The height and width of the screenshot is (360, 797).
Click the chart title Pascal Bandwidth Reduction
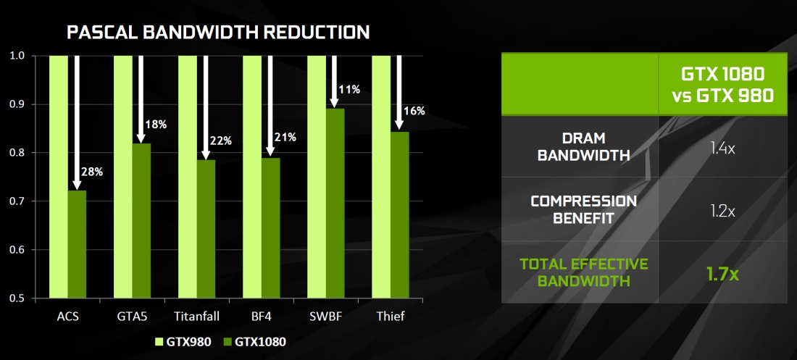[219, 33]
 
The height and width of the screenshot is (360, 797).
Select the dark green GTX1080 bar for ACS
[77, 244]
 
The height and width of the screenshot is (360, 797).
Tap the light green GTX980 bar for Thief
[381, 177]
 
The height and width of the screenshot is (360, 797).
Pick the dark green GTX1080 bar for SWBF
[335, 203]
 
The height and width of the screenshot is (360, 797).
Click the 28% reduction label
[93, 172]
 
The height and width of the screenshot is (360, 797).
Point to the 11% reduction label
[350, 90]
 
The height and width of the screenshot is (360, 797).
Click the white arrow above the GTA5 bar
[141, 99]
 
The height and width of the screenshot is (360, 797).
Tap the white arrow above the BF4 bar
[270, 106]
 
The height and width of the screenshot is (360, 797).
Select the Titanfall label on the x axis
[196, 317]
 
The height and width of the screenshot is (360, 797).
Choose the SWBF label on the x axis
[326, 317]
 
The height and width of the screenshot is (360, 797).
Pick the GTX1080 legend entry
[254, 342]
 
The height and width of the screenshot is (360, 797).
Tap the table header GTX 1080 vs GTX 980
[722, 84]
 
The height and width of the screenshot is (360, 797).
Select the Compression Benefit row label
[583, 209]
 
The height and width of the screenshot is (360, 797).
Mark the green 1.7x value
[722, 274]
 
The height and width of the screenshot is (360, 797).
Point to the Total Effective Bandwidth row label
[583, 272]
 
